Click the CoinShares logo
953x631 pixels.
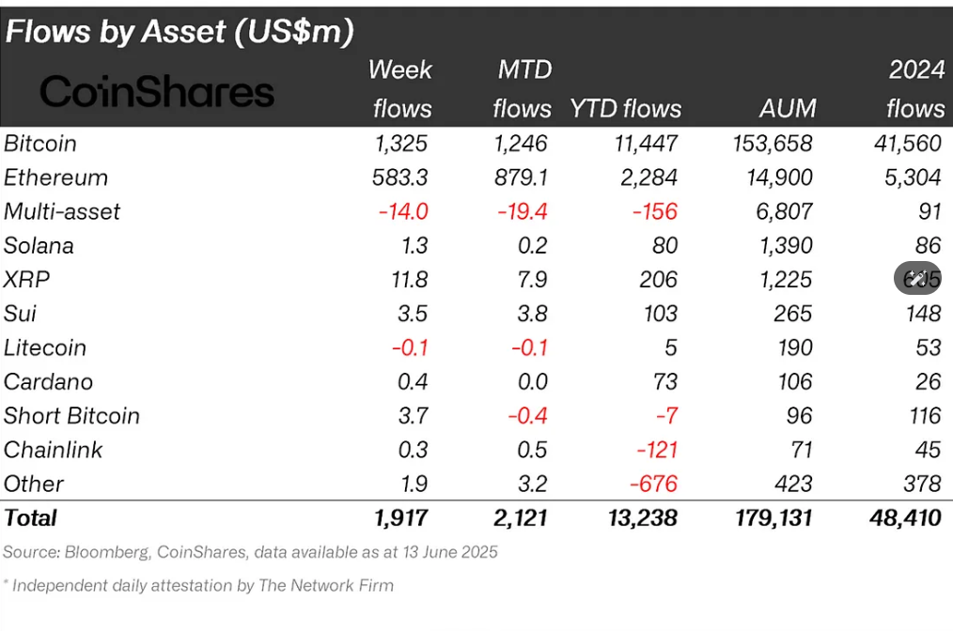tap(157, 92)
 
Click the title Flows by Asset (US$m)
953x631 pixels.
tap(180, 32)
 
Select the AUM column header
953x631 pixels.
tap(788, 109)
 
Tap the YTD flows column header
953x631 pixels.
tap(625, 109)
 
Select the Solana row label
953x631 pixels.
tap(39, 246)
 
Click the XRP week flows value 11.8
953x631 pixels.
tap(409, 280)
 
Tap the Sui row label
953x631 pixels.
tap(20, 314)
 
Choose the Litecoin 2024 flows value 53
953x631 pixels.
tap(928, 347)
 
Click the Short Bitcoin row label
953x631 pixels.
tap(71, 416)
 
